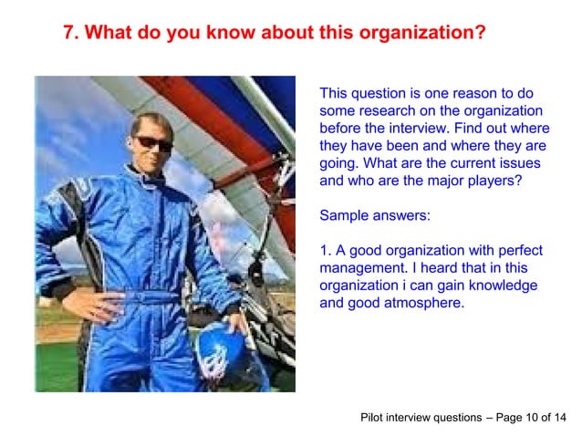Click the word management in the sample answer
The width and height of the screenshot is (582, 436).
coord(364,267)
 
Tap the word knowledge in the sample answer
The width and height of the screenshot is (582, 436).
coord(505,285)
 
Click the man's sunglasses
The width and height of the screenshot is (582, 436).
coord(152,143)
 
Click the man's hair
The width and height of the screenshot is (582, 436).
coord(151,121)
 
